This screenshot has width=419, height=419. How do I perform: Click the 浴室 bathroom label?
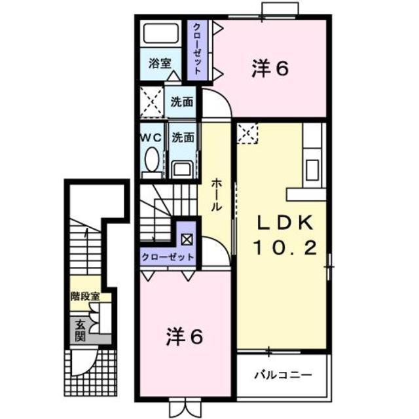tap(159, 64)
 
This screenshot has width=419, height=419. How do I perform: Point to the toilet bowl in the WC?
tap(152, 159)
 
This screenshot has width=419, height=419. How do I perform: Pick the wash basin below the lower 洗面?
tap(182, 169)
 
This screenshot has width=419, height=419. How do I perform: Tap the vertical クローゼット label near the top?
tap(196, 49)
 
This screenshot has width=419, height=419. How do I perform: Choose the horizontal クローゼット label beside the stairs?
tap(168, 257)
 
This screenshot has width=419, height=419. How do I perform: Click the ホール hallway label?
tap(216, 194)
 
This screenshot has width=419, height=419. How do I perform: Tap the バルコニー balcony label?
tap(282, 376)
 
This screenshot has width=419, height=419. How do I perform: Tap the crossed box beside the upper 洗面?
tap(152, 103)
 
